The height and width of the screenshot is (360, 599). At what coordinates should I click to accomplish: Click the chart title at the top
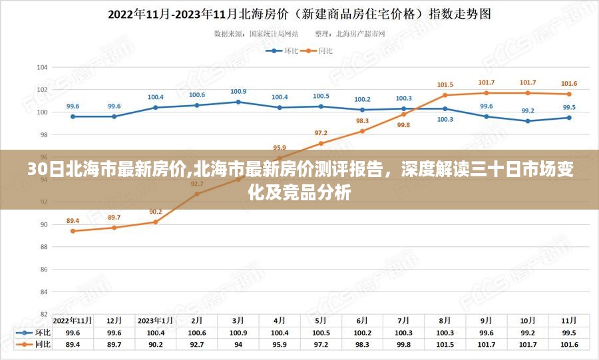(299, 13)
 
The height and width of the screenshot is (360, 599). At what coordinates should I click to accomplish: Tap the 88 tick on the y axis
(44, 247)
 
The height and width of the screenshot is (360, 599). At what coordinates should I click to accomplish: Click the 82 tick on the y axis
(44, 314)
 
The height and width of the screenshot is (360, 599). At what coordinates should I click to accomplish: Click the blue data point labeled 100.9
(238, 102)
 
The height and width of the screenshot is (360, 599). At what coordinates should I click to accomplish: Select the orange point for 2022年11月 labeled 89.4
(73, 231)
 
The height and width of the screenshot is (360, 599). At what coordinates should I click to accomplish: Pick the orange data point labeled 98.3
(363, 131)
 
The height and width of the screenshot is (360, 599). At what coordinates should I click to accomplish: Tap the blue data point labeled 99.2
(528, 121)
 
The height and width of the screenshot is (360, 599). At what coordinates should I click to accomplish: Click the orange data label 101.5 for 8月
(445, 85)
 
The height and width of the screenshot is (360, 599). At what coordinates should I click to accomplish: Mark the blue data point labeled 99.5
(569, 118)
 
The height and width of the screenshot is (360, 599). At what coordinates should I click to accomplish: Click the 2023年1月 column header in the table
(156, 320)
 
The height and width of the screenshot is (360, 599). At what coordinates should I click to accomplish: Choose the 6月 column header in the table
(363, 320)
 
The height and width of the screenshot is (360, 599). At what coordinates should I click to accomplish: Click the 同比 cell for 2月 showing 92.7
(197, 345)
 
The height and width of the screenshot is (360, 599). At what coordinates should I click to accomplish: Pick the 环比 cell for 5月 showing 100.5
(321, 332)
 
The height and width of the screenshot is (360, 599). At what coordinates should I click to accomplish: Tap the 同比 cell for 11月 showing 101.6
(569, 345)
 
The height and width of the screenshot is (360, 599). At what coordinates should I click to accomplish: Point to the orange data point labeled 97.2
(321, 143)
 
